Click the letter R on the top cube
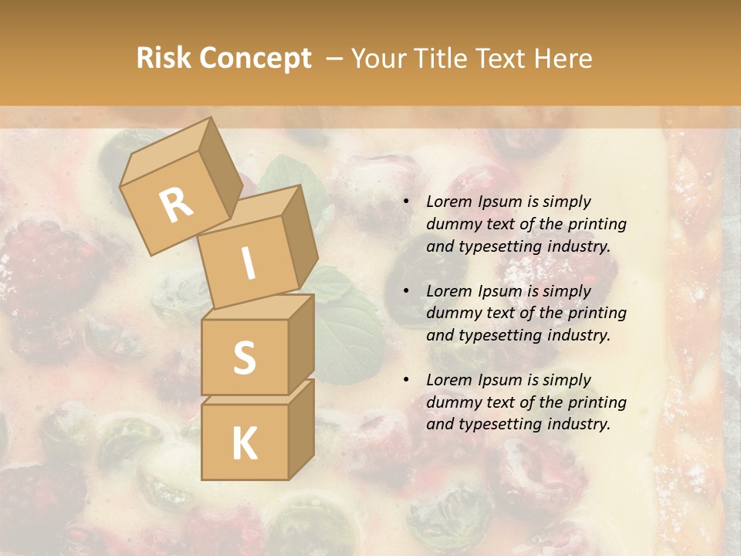tap(176, 205)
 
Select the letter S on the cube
tap(244, 358)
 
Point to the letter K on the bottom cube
tap(244, 444)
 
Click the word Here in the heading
tap(563, 59)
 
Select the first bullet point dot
tap(407, 202)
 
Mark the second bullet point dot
tap(407, 292)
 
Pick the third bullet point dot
tap(407, 381)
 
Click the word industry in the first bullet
tap(578, 246)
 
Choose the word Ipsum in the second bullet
tap(499, 291)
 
